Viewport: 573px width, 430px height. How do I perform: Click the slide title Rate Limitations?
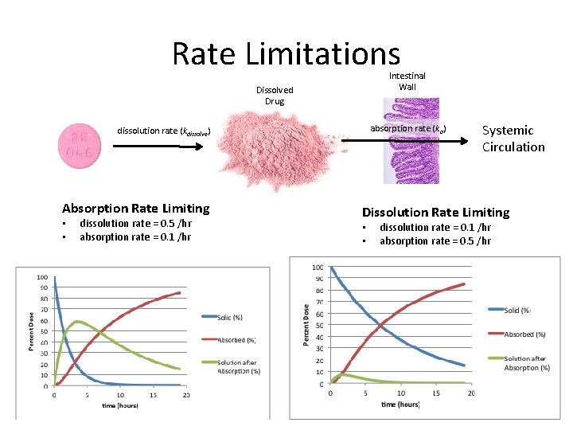pos(286,54)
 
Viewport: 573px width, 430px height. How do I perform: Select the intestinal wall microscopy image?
pos(411,140)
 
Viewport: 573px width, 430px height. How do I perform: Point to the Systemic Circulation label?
pos(513,139)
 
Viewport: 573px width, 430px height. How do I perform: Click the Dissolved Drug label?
pos(274,96)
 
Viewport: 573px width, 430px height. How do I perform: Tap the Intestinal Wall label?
pos(407,81)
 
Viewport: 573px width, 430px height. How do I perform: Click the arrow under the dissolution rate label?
pos(154,146)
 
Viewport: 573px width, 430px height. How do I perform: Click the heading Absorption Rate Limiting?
pos(136,209)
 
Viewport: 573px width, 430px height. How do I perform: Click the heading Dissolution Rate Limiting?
pos(435,213)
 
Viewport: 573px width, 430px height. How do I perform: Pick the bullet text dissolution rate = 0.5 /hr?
pos(135,224)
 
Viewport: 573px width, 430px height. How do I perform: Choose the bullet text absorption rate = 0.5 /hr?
pos(435,241)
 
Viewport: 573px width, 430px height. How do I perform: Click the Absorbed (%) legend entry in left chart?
pos(236,340)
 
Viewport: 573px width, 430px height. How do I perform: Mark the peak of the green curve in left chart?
pos(76,322)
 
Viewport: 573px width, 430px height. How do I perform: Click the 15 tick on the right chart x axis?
pos(436,393)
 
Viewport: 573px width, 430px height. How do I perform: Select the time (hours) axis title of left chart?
pos(120,405)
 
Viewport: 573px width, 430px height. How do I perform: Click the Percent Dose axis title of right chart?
pos(306,324)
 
